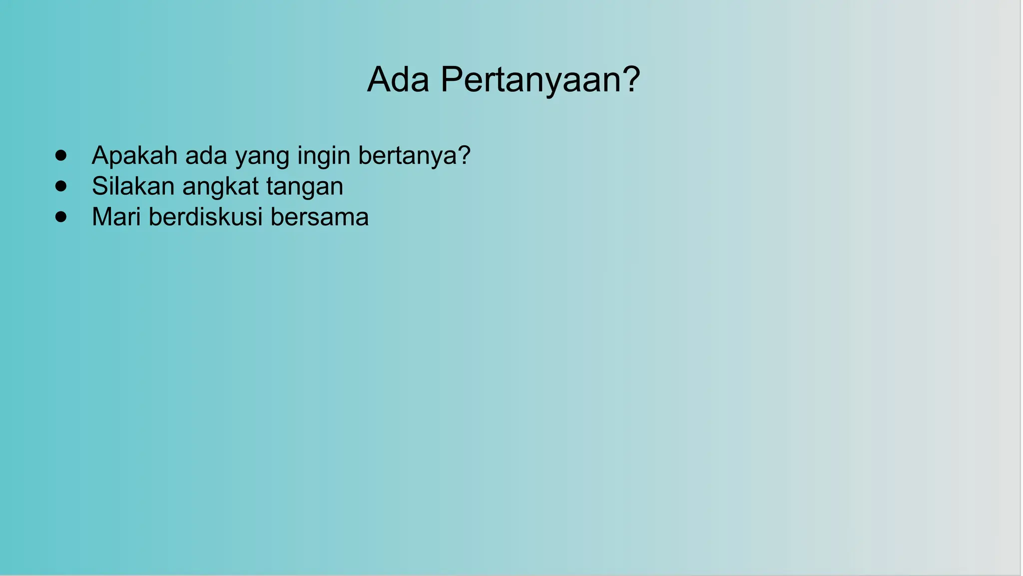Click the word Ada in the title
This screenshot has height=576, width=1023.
click(398, 79)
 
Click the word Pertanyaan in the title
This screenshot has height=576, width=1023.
click(529, 80)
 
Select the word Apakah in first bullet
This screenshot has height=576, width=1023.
click(134, 155)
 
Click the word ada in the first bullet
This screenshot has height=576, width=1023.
click(206, 155)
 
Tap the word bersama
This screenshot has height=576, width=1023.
click(319, 217)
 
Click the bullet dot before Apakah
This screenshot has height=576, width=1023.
click(61, 155)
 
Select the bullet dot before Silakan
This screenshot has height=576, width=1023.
click(61, 186)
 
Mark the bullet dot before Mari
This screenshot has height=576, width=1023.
click(61, 217)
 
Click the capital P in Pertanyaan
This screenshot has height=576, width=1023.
click(452, 79)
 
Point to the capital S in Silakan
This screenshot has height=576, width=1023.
click(100, 186)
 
